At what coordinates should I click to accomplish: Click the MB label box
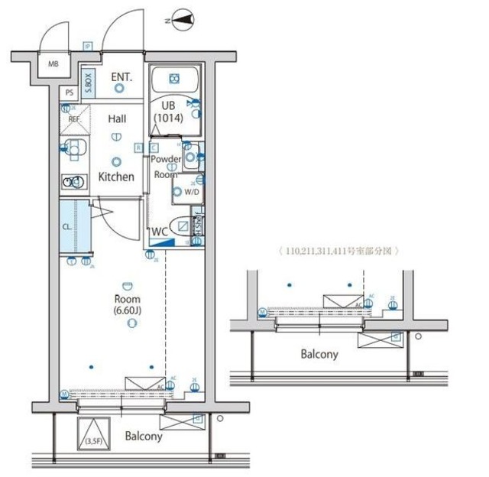53,64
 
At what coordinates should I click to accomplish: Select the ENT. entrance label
121,76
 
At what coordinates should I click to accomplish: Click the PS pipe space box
70,93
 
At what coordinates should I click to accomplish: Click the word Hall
117,118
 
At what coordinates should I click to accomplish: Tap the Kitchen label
116,177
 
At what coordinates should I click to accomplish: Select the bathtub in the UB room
173,79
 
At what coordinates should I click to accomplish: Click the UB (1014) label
168,112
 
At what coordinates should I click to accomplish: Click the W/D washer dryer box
187,192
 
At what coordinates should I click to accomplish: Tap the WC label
160,231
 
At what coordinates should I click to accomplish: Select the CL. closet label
67,227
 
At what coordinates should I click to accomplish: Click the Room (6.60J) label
128,305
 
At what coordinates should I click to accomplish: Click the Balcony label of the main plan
144,436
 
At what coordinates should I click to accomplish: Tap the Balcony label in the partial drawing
319,354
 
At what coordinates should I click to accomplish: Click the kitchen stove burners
74,182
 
